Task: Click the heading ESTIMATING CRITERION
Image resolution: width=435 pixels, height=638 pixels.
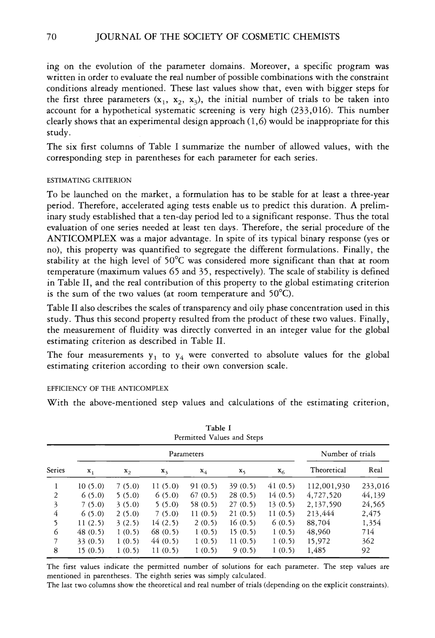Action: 89,180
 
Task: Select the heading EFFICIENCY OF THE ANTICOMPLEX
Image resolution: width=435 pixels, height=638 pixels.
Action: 108,388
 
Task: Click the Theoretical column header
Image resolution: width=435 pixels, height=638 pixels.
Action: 328,470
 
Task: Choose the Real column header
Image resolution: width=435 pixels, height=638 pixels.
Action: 375,470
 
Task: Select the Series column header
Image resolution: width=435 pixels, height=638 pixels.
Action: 56,470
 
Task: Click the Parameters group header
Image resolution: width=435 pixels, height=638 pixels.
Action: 186,454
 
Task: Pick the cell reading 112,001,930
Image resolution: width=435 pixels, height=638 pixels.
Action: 328,486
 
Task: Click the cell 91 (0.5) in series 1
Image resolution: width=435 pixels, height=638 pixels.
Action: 204,486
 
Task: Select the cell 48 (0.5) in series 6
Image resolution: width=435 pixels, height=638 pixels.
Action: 91,532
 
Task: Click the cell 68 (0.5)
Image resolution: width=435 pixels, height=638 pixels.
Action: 165,532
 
